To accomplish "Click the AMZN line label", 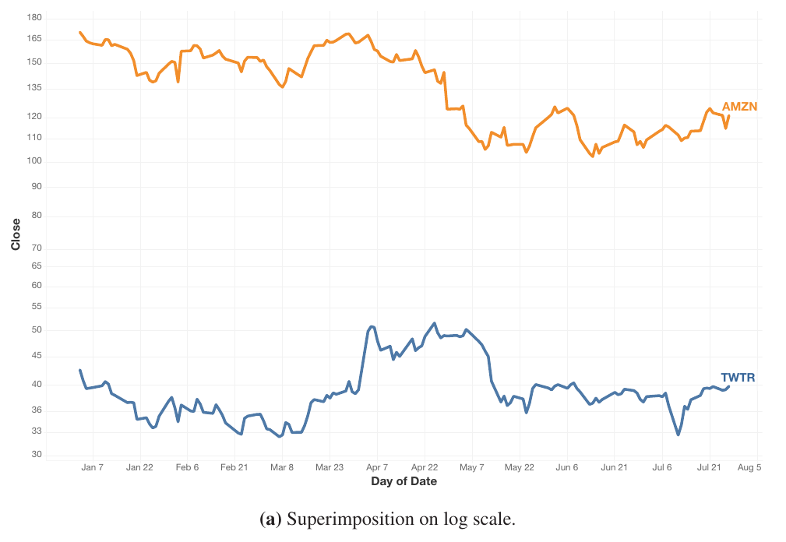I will click(739, 107).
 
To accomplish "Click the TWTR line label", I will click(737, 378).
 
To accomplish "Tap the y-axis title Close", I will click(16, 234).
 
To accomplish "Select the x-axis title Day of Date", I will click(404, 481).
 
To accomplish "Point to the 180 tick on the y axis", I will click(34, 17).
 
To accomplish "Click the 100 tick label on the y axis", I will click(34, 161).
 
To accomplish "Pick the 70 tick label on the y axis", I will click(37, 248).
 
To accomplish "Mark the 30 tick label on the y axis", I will click(37, 456).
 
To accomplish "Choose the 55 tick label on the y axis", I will click(37, 308).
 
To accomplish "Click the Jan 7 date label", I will click(93, 467).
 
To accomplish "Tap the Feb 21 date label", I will click(234, 467).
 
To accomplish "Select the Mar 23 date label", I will click(329, 467).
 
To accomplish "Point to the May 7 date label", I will click(472, 467).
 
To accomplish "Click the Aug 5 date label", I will click(748, 467).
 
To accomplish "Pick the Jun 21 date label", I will click(614, 467).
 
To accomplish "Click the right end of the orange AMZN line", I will click(728, 117).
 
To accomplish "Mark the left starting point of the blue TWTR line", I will click(80, 371).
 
